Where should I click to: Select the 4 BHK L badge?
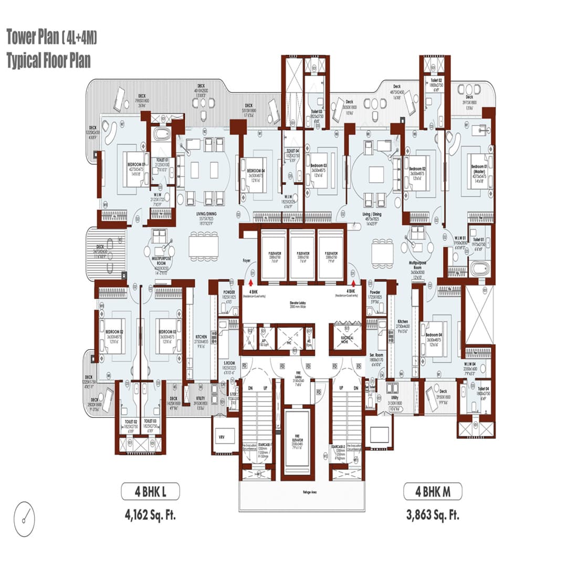click(151, 492)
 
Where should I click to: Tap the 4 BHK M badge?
click(433, 492)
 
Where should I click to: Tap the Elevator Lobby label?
click(297, 303)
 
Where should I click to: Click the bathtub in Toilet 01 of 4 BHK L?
click(160, 134)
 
